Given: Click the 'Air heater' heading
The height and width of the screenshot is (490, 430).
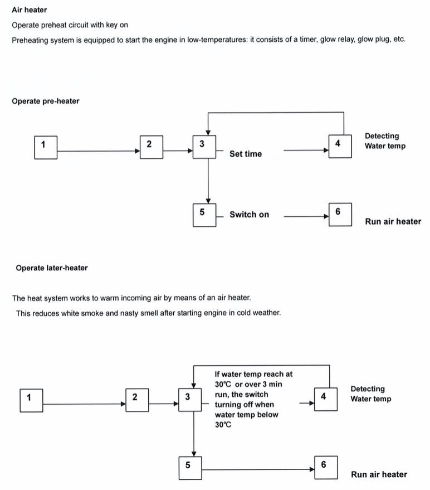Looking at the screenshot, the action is coord(30,10).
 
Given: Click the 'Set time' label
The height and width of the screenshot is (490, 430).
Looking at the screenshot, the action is coord(246,154).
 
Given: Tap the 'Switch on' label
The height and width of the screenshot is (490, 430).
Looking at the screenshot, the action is coord(249,215).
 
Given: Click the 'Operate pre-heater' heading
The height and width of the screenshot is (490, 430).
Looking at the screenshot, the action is coord(46,101).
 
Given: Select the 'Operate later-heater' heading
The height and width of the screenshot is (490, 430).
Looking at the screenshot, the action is coord(52,268).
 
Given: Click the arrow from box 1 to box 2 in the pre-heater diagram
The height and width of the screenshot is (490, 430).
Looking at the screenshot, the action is coord(99,151).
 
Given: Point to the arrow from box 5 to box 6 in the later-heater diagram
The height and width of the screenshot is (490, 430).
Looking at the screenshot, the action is coord(258,469).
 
